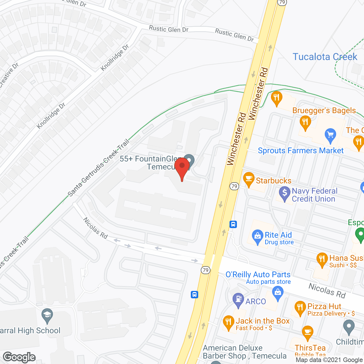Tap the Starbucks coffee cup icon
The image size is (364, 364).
(x=249, y=179)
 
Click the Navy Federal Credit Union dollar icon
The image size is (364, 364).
(x=284, y=193)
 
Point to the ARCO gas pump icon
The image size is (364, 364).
(x=238, y=300)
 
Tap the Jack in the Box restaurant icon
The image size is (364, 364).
(x=228, y=322)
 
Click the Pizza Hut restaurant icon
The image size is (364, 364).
(x=300, y=308)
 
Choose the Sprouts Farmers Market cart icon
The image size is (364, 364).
(x=330, y=135)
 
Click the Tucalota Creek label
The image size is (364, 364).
(x=325, y=57)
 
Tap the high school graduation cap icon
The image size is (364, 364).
(x=47, y=315)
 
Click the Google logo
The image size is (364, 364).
(x=19, y=357)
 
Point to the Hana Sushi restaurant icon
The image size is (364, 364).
(x=322, y=260)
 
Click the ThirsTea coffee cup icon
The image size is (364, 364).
(x=308, y=332)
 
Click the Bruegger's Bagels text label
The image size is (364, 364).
(x=324, y=110)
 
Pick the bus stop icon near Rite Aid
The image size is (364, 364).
(x=233, y=224)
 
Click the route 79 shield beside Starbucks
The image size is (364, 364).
(x=234, y=186)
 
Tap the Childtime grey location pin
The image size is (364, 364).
(x=349, y=327)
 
